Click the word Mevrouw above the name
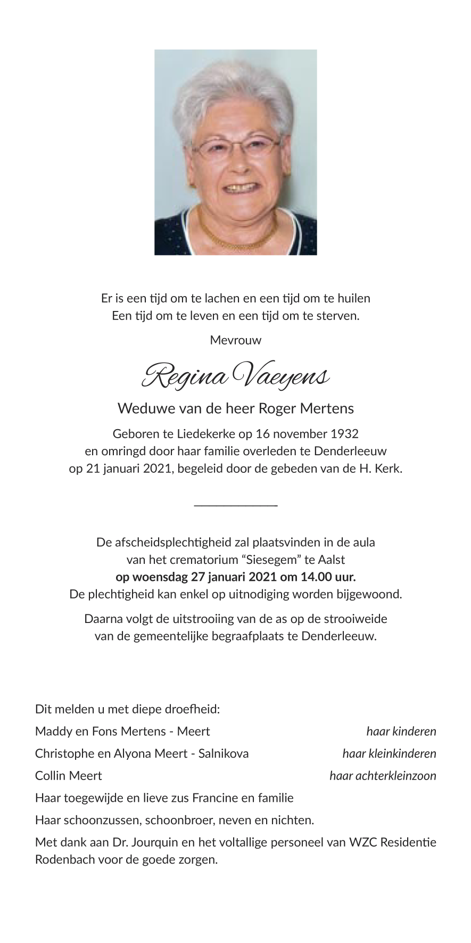point(236,340)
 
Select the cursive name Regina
point(184,376)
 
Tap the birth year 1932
point(344,433)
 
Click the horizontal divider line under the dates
point(236,505)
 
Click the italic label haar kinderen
point(401,731)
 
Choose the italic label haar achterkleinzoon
point(383,776)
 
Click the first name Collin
point(51,776)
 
